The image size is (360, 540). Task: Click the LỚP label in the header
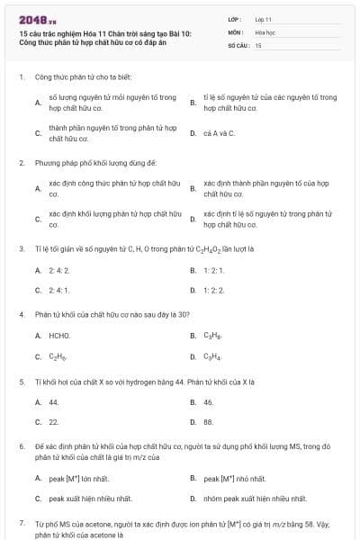click(x=235, y=18)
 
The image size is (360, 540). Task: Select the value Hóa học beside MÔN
click(x=265, y=31)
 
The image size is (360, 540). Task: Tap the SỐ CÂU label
click(x=238, y=44)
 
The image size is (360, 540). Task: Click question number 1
click(x=21, y=76)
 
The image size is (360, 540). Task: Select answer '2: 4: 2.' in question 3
click(x=59, y=270)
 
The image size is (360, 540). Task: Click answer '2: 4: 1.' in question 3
click(x=59, y=291)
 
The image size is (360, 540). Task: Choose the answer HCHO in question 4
click(x=60, y=335)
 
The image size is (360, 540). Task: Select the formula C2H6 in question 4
click(x=58, y=356)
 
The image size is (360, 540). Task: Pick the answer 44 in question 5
click(x=54, y=401)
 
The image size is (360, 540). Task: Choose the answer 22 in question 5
click(x=54, y=422)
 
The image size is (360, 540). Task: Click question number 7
click(x=21, y=523)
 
